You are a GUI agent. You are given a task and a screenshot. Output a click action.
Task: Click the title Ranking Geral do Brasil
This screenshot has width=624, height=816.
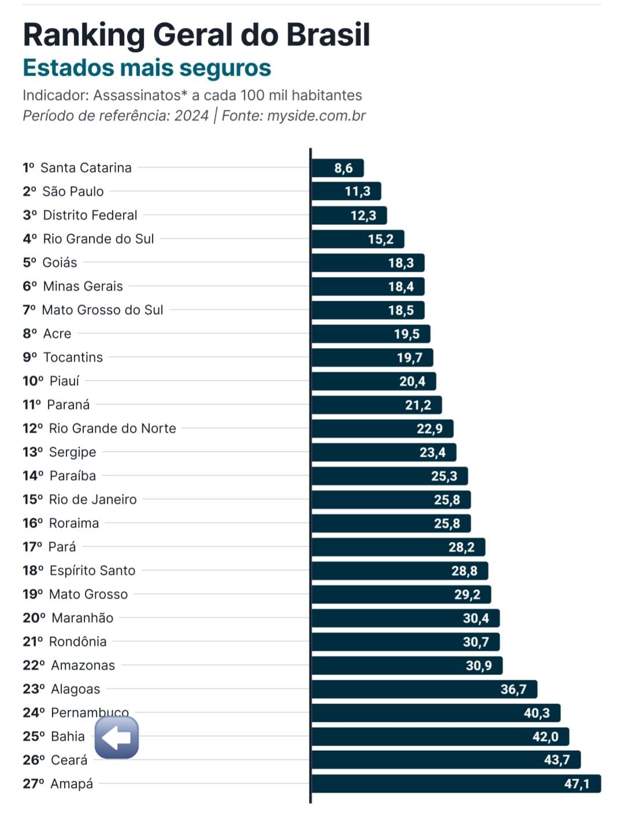point(196,35)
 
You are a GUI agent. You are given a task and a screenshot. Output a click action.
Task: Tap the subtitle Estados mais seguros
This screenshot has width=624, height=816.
point(147,68)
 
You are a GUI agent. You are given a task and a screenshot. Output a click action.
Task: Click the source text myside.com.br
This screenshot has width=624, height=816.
point(316,116)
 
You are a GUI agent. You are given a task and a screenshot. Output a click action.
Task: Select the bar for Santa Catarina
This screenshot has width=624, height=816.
point(337,168)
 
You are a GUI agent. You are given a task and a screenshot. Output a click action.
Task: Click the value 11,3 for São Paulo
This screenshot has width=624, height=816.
point(358,191)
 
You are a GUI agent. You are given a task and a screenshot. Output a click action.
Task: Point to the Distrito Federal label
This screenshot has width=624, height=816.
point(90,215)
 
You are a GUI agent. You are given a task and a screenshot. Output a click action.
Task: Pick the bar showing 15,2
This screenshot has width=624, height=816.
point(358,239)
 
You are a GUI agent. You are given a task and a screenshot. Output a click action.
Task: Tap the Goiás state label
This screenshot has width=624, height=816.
point(60,263)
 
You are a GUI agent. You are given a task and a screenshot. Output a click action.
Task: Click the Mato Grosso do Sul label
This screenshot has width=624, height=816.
point(102,310)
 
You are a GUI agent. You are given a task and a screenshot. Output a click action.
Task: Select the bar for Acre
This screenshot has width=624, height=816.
point(370,334)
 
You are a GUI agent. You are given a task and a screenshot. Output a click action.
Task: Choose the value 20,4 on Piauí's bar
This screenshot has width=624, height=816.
point(412,381)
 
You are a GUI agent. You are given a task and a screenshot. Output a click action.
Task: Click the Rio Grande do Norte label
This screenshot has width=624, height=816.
point(112,429)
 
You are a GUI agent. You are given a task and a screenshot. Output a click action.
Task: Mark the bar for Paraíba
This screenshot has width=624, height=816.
point(389,476)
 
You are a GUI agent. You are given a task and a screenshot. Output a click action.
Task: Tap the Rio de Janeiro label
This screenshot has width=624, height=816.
point(92,500)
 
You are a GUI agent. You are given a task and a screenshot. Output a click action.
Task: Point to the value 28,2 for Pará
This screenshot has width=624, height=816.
point(461,547)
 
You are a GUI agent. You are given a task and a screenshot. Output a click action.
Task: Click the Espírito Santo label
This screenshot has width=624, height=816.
point(92,571)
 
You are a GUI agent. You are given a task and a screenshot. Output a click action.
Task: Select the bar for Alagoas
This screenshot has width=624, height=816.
point(424,689)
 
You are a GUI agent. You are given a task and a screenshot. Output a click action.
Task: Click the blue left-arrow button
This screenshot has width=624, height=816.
point(117,737)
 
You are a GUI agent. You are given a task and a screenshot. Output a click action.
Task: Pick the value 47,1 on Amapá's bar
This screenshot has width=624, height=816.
point(577,784)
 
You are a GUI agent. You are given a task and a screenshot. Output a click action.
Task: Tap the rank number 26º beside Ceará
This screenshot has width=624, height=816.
point(34,760)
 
